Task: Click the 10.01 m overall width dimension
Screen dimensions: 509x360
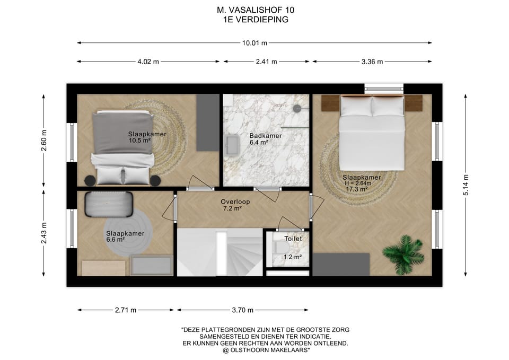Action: [x=254, y=43]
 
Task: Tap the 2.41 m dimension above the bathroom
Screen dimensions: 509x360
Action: [x=267, y=62]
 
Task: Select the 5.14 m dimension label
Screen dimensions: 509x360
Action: [x=466, y=185]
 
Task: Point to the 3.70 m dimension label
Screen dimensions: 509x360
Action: [x=242, y=310]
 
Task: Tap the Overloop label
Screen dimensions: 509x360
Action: [x=235, y=201]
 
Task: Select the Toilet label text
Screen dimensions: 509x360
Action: [x=293, y=239]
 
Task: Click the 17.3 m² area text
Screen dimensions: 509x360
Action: [x=357, y=189]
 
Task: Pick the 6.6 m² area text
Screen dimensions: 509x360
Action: [x=116, y=240]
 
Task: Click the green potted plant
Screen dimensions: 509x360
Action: [x=403, y=254]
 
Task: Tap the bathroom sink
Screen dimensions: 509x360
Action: [x=232, y=145]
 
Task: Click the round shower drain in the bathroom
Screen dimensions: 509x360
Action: [x=297, y=108]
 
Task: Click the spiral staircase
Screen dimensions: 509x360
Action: [x=220, y=252]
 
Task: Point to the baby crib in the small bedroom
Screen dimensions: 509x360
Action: [x=109, y=204]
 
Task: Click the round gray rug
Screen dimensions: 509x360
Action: [x=128, y=232]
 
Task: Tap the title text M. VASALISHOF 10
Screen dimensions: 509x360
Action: [x=256, y=10]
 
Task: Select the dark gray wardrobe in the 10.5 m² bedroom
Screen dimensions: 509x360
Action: [x=208, y=122]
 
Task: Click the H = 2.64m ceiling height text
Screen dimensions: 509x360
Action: [x=358, y=183]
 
